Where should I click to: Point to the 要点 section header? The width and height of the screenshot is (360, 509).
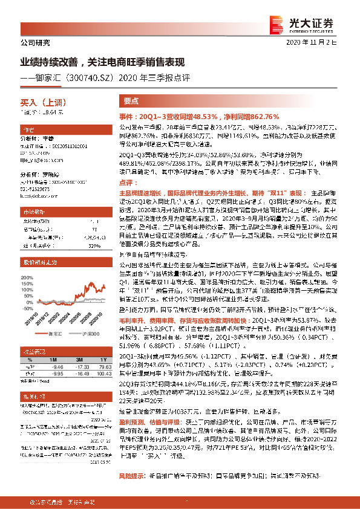(x=131, y=102)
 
